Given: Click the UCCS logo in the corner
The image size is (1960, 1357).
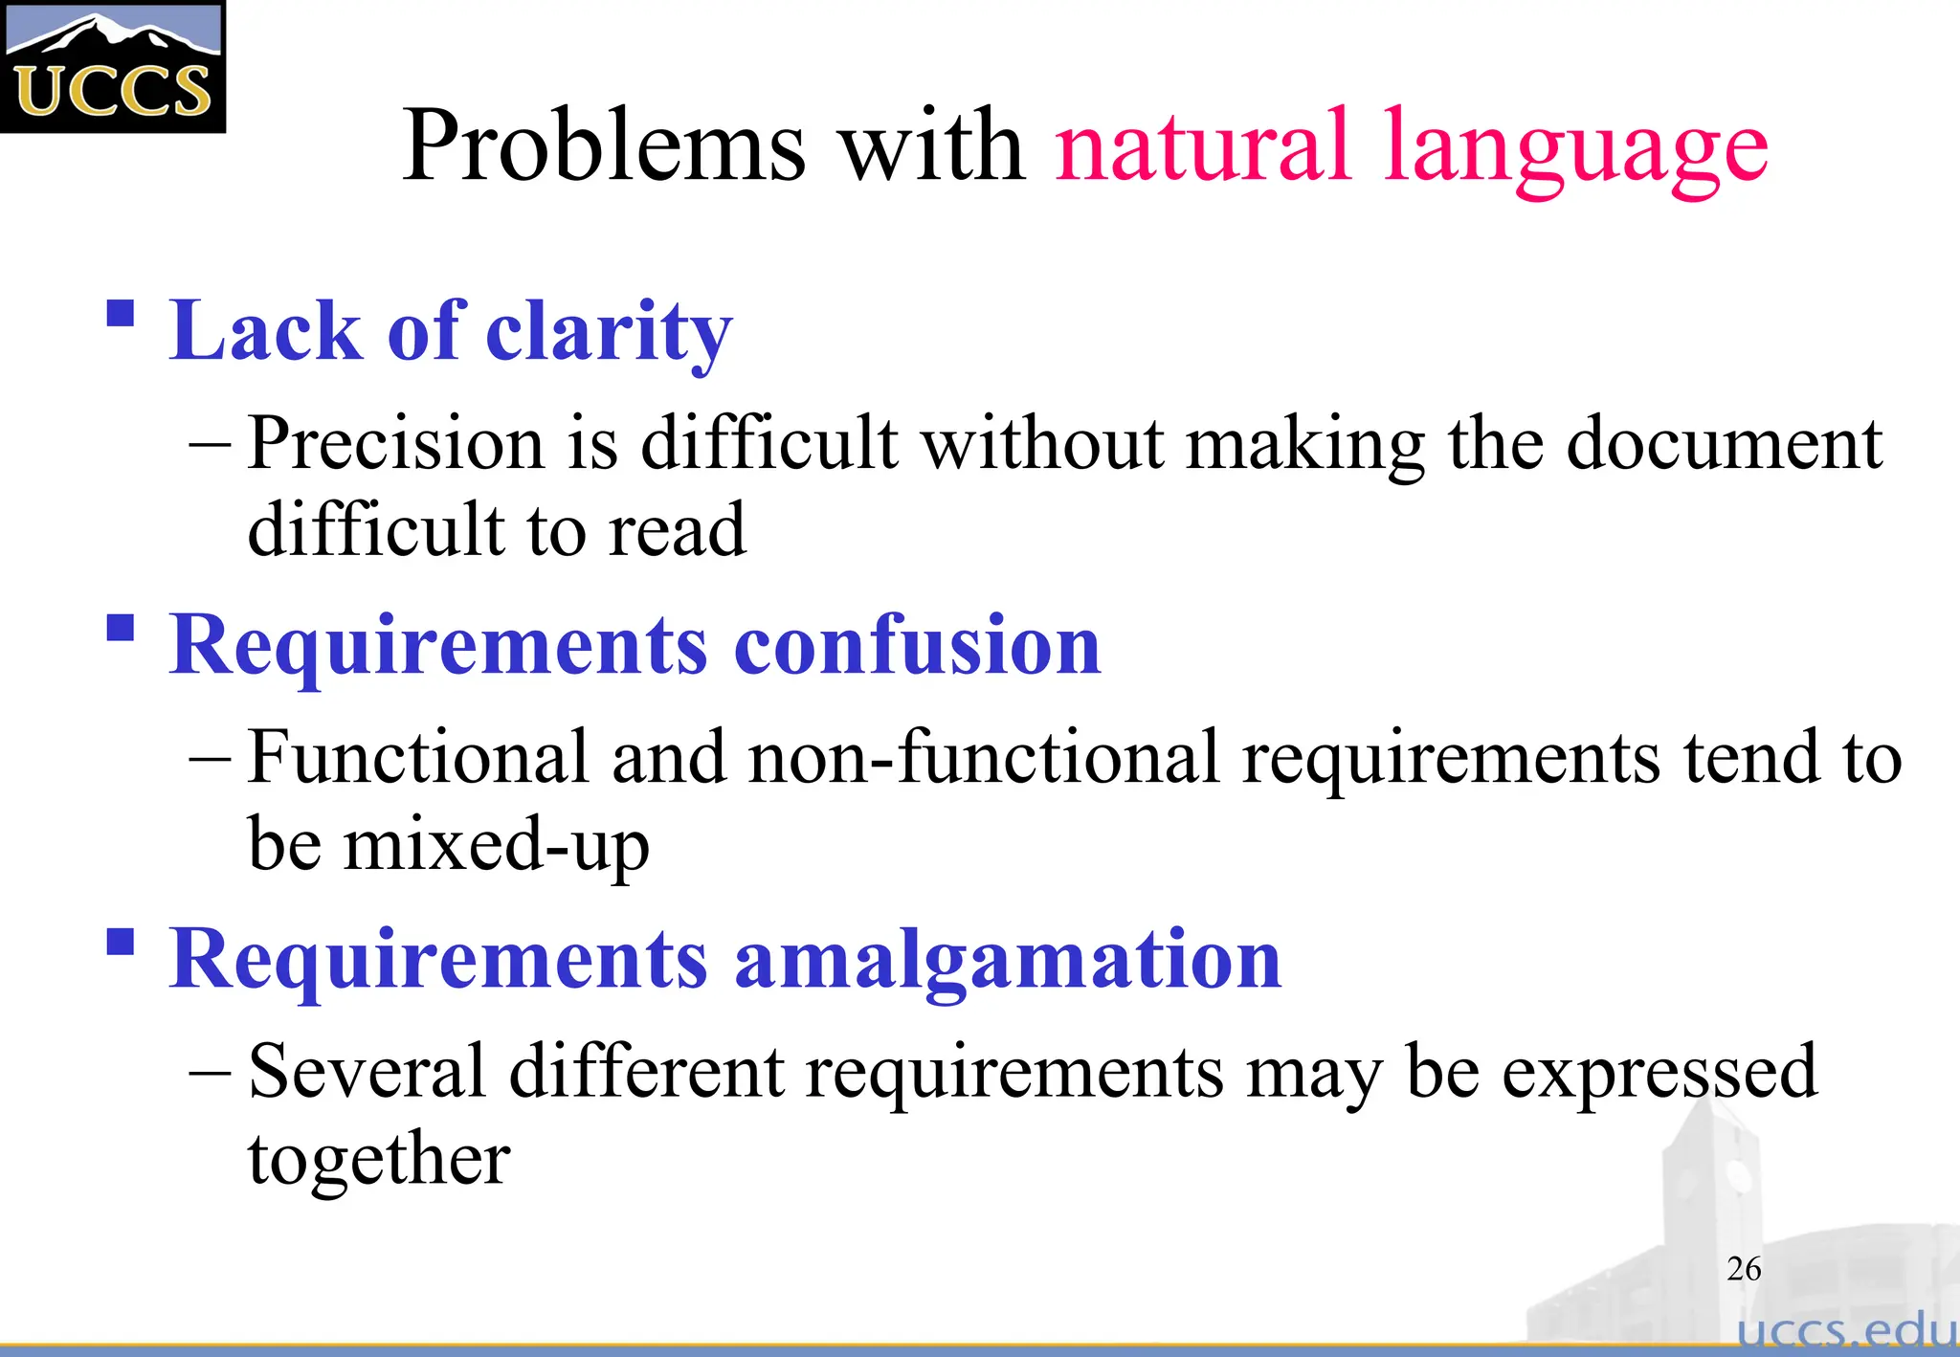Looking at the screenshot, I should (112, 67).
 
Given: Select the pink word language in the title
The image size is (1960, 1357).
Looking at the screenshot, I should (1575, 151).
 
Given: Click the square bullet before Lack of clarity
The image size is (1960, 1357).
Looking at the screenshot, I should (120, 314).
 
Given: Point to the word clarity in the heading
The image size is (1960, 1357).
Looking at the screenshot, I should (609, 332).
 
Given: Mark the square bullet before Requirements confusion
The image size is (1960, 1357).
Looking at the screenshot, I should (120, 628).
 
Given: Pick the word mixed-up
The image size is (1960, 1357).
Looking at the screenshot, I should (496, 845).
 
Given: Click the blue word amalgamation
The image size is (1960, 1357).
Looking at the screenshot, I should (1007, 959).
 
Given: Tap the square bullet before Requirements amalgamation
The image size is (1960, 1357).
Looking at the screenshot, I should (120, 942).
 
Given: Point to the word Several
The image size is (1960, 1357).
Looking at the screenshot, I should (367, 1071).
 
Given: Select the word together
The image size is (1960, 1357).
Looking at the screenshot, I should (379, 1160).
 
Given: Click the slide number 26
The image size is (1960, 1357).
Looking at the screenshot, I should (1743, 1269).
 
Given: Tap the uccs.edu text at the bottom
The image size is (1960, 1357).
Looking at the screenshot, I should (1846, 1331).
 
